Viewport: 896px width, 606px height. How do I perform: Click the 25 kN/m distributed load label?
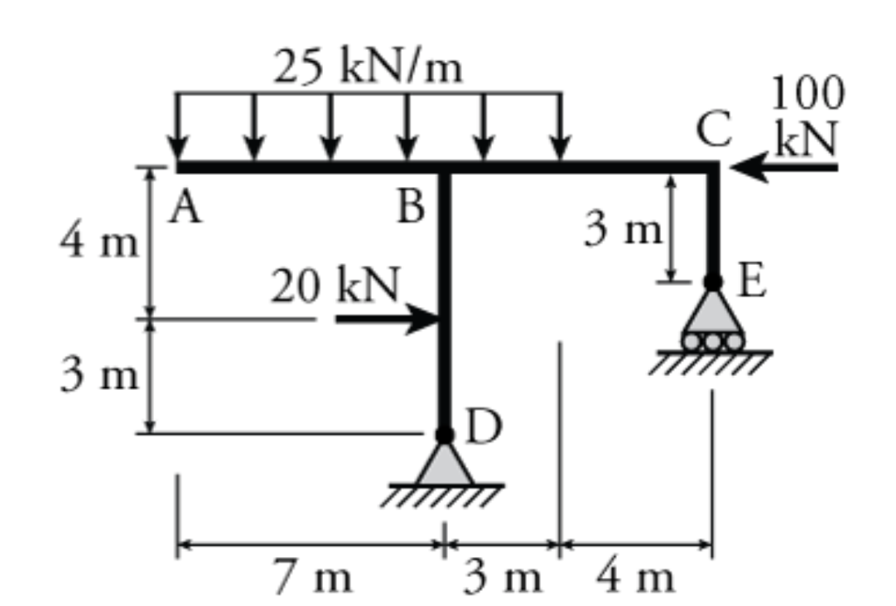(x=367, y=69)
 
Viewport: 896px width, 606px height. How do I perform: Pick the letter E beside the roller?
(x=752, y=282)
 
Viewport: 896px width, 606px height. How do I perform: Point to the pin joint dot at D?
(x=444, y=434)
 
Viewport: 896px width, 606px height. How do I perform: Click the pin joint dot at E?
(x=713, y=282)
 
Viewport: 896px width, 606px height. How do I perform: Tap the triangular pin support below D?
(x=444, y=465)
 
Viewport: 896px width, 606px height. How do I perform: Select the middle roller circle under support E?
(x=713, y=341)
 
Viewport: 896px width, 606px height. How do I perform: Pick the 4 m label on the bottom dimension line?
(x=636, y=577)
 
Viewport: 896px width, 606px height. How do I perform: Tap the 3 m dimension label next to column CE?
(x=623, y=230)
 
